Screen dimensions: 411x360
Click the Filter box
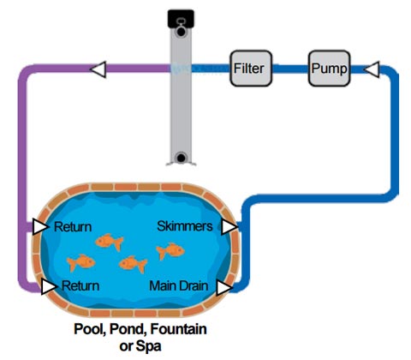pos(251,69)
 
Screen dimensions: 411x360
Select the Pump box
pos(329,69)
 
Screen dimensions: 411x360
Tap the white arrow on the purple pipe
pos(98,69)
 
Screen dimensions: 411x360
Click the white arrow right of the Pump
pos(372,69)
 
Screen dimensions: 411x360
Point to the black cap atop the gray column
pos(181,19)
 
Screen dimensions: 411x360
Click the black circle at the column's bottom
pos(181,158)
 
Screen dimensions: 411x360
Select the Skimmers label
pos(185,226)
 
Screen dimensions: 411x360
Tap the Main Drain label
pos(179,285)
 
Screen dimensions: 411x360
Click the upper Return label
pos(73,227)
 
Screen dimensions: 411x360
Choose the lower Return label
pos(80,286)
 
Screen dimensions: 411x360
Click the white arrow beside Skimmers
pos(229,227)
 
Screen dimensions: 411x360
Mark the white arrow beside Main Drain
pos(224,288)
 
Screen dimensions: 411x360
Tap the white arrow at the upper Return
pos(40,226)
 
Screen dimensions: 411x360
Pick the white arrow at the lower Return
pos(49,286)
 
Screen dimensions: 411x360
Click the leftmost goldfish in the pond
pos(80,262)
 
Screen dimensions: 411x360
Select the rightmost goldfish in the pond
pos(170,251)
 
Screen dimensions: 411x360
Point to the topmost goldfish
pos(109,242)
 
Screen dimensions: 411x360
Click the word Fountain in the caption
pos(178,329)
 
